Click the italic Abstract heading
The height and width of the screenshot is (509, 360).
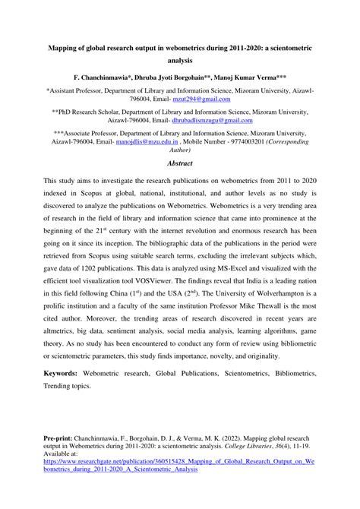point(179,163)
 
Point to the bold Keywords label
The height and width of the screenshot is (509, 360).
point(65,375)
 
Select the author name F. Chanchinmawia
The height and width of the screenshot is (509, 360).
point(99,77)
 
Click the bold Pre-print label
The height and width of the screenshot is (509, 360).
point(61,439)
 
